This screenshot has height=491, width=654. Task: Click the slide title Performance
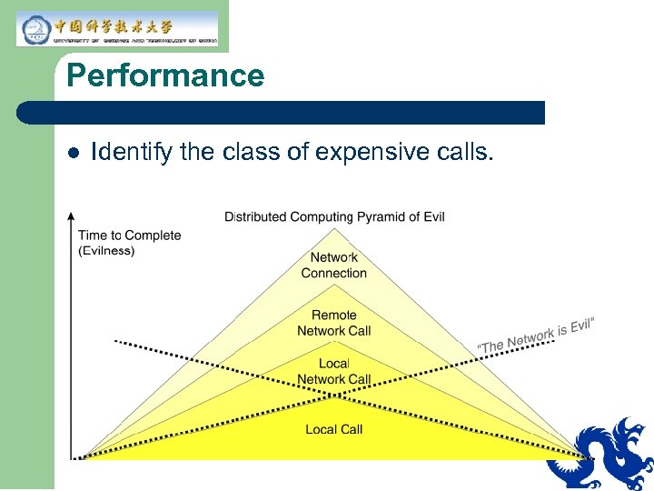165,75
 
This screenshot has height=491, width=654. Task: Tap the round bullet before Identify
74,152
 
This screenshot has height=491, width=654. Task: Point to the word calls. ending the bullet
465,152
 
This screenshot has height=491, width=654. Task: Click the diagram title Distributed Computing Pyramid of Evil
334,216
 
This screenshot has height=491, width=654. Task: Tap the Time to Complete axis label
130,235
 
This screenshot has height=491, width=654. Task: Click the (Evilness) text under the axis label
106,251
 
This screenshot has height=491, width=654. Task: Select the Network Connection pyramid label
334,266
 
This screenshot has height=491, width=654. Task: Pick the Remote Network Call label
334,324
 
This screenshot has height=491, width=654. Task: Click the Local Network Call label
334,372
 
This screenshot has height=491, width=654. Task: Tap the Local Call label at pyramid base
334,429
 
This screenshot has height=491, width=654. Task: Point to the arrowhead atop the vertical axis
71,217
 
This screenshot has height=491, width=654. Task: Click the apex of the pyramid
334,226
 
